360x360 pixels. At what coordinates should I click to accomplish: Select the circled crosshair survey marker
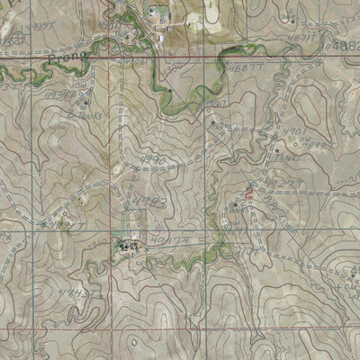21,38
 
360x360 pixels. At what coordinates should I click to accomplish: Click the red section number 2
248,192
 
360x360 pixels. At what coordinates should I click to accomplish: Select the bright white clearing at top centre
210,12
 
